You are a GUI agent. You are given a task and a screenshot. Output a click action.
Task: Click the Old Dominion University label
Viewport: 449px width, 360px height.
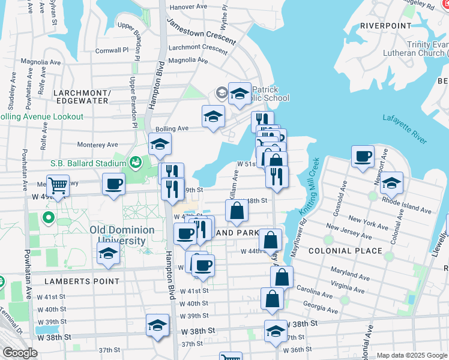tap(122, 235)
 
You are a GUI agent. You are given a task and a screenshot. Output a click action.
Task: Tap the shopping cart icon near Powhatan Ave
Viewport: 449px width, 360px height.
tap(58, 185)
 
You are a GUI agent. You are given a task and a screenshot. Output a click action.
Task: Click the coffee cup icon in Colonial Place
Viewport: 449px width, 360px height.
tap(363, 157)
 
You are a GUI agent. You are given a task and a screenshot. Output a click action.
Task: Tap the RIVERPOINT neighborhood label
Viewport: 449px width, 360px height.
tap(386, 26)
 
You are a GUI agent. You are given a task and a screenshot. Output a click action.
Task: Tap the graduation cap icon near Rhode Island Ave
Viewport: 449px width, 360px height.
tap(391, 184)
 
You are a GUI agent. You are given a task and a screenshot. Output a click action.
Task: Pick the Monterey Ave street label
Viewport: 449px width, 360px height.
tap(97, 145)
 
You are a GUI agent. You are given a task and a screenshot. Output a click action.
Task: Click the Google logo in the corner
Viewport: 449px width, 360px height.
tap(20, 353)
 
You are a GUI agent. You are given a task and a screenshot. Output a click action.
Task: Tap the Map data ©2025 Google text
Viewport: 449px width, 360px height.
tap(411, 355)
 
